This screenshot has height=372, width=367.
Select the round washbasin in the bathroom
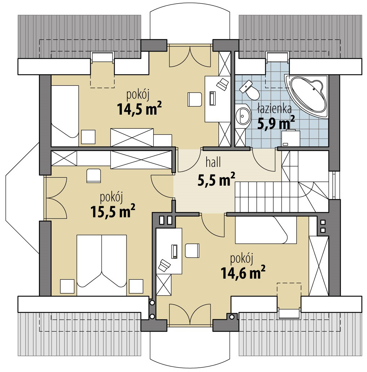coord(243,116)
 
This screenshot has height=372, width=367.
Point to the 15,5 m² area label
coord(113,211)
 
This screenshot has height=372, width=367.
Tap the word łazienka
coord(274,109)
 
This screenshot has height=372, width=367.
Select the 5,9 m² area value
coord(276,123)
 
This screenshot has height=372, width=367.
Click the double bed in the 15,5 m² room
coord(102,265)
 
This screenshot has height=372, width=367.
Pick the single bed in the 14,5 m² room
coord(65,116)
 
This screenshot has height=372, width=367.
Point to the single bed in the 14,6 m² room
coord(266,230)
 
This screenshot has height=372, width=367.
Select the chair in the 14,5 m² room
coord(195,99)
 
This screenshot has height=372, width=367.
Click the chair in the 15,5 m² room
coord(94,176)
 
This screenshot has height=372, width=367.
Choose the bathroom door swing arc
coord(263,159)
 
